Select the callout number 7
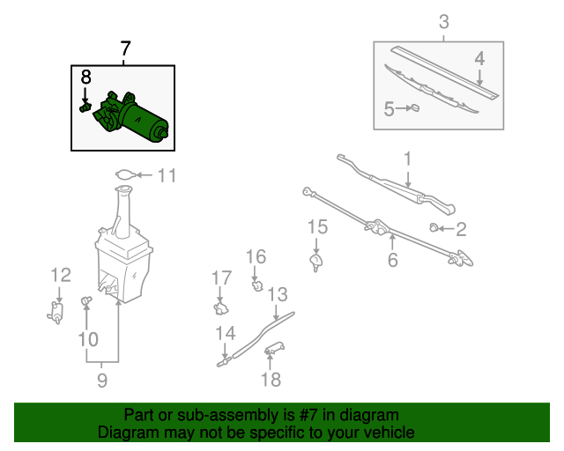[125, 48]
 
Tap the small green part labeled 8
[85, 107]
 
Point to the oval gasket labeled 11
[126, 174]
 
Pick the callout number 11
[167, 175]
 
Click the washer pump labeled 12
[56, 312]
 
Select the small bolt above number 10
[86, 300]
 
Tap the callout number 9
[102, 381]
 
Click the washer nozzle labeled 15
[315, 262]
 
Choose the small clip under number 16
[257, 286]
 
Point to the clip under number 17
[221, 308]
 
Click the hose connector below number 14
[223, 362]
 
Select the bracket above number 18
[274, 349]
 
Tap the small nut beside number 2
[434, 227]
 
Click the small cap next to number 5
[415, 107]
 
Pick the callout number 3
[444, 21]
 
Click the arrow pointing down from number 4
[479, 78]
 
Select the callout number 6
[393, 260]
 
